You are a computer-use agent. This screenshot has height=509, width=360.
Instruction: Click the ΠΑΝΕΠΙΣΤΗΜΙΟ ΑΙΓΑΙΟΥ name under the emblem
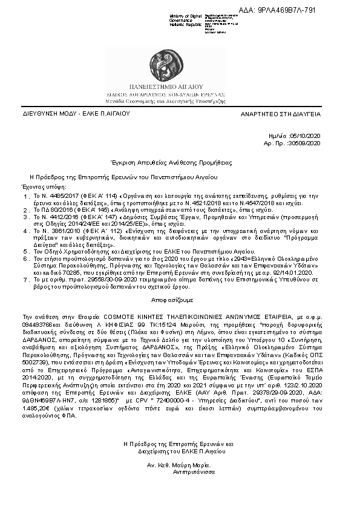[x=180, y=88]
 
